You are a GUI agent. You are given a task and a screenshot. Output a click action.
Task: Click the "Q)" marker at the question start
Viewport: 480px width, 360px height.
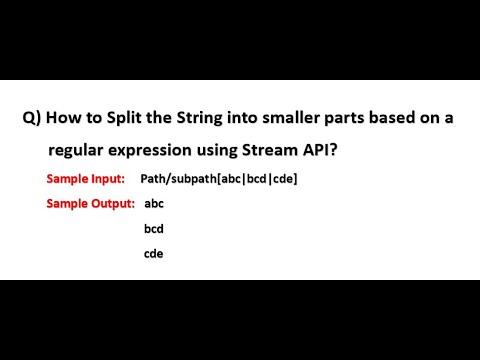point(32,118)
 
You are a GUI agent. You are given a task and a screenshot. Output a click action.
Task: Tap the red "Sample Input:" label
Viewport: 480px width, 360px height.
point(85,179)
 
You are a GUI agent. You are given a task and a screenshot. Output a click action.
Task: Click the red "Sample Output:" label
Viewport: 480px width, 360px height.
point(90,203)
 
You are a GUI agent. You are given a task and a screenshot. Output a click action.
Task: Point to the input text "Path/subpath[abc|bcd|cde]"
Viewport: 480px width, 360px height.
point(226,179)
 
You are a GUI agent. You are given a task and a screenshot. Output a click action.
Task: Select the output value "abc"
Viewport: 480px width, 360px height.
point(154,203)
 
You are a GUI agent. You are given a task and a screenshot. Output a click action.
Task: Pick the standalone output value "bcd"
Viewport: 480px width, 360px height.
point(154,228)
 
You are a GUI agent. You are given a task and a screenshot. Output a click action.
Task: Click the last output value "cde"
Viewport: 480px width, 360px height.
point(154,253)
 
